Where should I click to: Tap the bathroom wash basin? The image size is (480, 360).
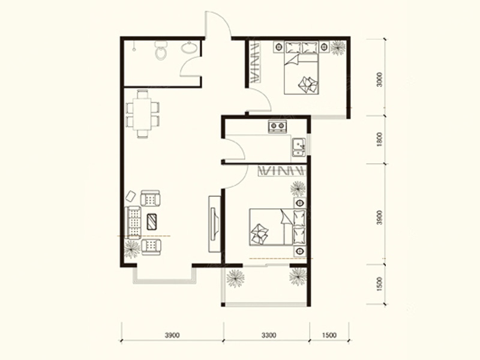coord(190,47)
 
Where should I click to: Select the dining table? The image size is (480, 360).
coord(142,114)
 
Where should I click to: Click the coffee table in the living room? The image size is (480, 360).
coord(152,222)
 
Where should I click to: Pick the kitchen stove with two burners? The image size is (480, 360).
coord(278,126)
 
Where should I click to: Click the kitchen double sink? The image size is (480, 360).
coord(298,147)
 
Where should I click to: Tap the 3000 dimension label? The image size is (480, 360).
coord(380,80)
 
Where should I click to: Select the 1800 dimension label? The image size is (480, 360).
coord(380,139)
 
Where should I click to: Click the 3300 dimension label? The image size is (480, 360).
coord(269,335)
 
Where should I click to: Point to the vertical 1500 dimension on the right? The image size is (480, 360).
coord(380,284)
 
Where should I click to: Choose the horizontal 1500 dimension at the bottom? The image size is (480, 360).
coord(329,335)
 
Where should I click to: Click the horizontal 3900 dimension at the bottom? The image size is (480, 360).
coord(172,335)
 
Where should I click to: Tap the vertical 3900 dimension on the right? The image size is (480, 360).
coord(380,218)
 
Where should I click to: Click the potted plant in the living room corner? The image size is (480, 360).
coord(132,248)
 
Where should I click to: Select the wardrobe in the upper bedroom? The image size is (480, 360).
coord(256,63)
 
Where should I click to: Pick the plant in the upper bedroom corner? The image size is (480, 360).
coord(338,48)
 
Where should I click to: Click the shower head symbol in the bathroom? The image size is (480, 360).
coord(134,46)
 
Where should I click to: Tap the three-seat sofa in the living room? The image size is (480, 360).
coord(133,223)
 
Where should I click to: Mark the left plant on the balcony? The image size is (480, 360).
coord(235,278)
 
